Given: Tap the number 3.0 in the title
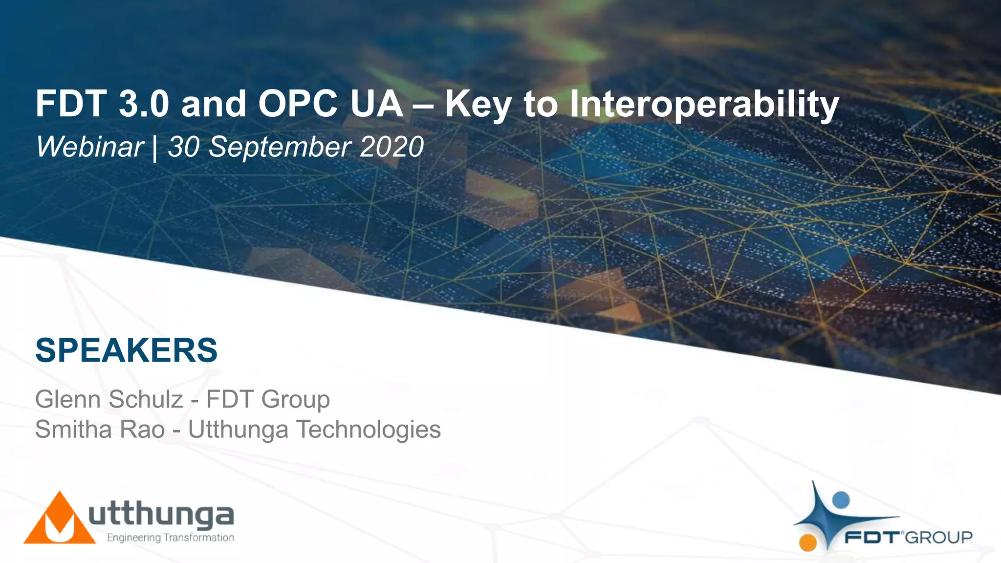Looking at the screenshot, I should point(144,104).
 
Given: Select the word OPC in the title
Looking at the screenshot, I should point(297,104).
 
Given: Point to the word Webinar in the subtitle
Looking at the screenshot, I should point(89,147).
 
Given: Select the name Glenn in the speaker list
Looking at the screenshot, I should point(68,399).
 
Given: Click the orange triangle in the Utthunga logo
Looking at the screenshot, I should point(59,520).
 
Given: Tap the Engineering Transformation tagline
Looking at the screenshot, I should point(170,538).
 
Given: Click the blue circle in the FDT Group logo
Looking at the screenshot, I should point(841,499).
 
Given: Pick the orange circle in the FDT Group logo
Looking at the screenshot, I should point(808,542).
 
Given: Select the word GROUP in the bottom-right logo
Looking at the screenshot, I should point(939,538).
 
